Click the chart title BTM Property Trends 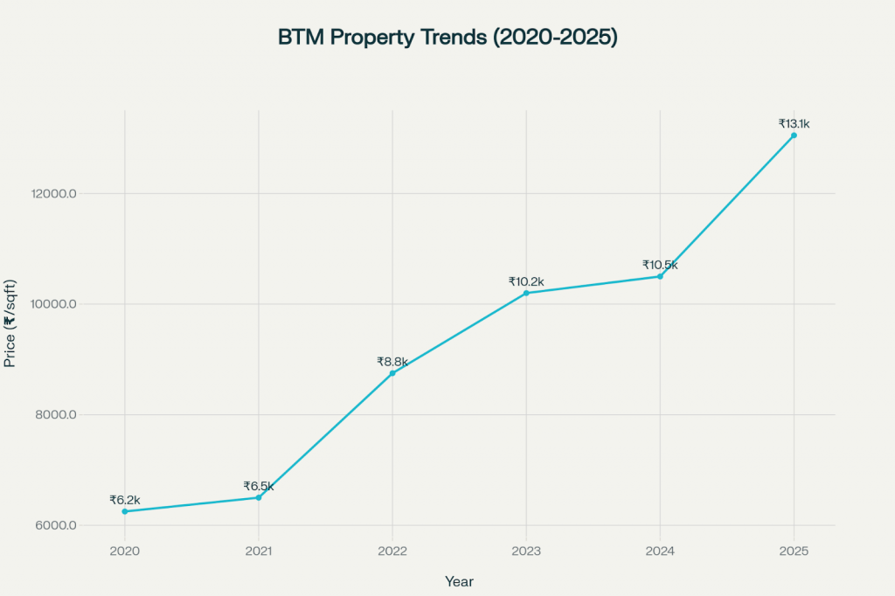click(x=447, y=38)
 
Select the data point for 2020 click(x=125, y=511)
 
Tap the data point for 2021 click(x=259, y=497)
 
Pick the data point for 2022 click(x=392, y=373)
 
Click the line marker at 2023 click(x=526, y=293)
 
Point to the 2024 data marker click(x=660, y=276)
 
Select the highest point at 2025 click(x=794, y=135)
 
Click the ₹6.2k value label click(x=125, y=500)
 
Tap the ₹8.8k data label click(x=392, y=361)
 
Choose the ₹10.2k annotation click(x=526, y=281)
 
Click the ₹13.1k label click(x=794, y=124)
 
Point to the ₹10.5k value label click(x=660, y=265)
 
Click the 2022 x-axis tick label click(x=392, y=551)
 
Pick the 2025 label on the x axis click(x=794, y=551)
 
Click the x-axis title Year click(x=459, y=580)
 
